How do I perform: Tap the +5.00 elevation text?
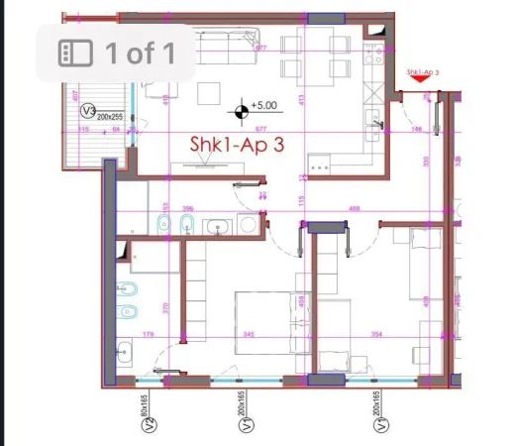pos(264,104)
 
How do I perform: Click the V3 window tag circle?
pos(88,111)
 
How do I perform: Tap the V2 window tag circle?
pos(150,426)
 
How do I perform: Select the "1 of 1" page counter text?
pos(140,53)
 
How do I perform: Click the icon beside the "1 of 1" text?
pos(74,53)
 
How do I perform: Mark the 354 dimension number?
pos(376,335)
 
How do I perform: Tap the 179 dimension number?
pos(149,335)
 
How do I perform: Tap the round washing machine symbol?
pos(249,226)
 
